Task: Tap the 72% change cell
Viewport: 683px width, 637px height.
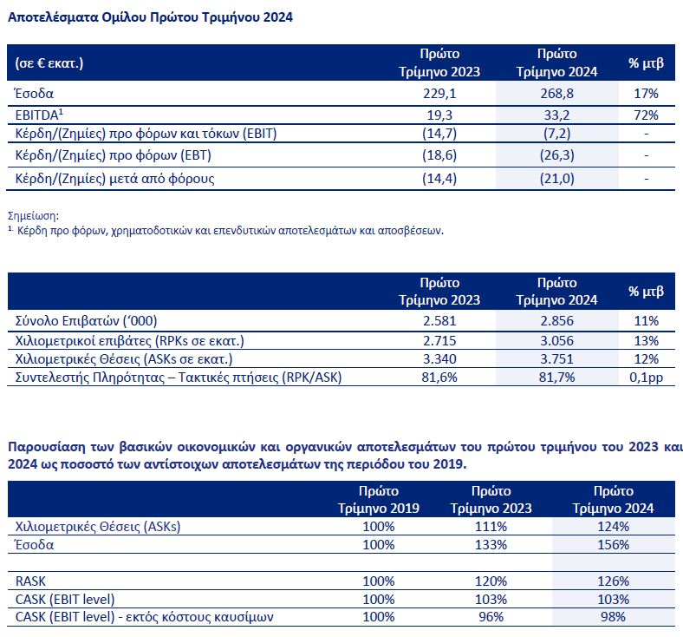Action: pos(646,114)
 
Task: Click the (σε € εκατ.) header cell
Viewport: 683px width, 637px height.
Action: pos(51,62)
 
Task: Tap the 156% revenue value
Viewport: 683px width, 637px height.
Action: pos(612,545)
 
